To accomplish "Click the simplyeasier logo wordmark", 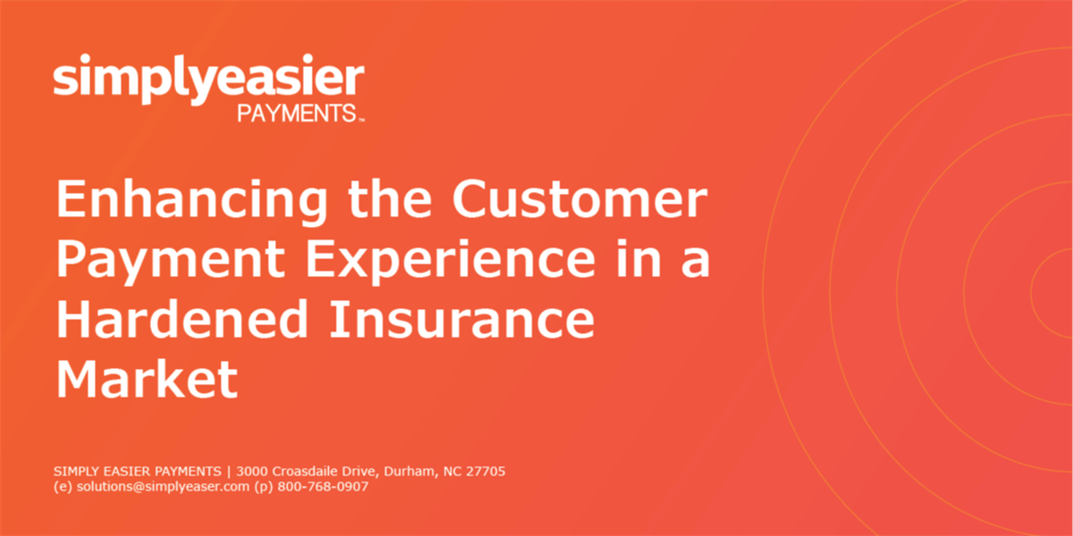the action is [x=209, y=79].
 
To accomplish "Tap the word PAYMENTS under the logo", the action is [x=297, y=113].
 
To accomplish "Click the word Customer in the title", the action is [x=579, y=198].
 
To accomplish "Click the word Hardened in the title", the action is [x=182, y=318].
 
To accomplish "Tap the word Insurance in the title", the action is [x=462, y=319].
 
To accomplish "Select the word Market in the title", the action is [x=147, y=378].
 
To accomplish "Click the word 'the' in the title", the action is [x=390, y=198].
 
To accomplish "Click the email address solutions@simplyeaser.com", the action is [x=163, y=487].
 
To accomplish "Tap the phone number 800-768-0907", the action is [x=323, y=487].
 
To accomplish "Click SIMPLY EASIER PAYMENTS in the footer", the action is [x=137, y=472].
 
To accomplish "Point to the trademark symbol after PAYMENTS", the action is [x=361, y=120].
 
